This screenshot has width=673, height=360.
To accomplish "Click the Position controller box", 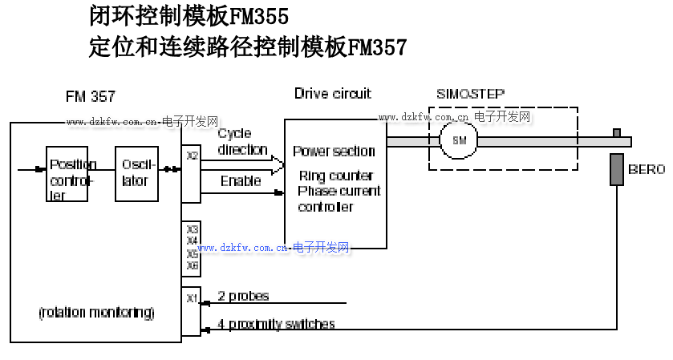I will tap(67, 174).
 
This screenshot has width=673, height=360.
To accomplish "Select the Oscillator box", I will tap(136, 174).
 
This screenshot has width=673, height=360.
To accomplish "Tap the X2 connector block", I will tap(191, 173).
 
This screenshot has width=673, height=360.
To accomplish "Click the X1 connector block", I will tap(191, 310).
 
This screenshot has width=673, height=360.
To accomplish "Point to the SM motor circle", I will tap(459, 140).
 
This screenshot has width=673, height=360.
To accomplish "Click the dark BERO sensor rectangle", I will tap(616, 169).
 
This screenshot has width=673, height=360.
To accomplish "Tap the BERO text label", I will tap(647, 170).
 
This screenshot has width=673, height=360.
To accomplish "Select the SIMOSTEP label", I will tap(470, 94).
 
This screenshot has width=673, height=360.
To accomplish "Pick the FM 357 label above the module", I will tap(90, 97).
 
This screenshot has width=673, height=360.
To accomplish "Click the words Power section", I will tap(334, 151).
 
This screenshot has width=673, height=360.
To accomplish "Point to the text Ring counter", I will tap(335, 176).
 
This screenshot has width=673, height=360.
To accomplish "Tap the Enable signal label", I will tap(241, 181).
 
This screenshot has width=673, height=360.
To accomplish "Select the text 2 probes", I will tap(243, 297).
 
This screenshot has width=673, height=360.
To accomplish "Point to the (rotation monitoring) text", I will tap(97, 311).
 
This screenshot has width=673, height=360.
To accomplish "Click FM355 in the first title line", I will tap(258, 15).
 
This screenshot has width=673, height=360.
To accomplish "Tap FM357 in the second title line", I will tap(377, 47).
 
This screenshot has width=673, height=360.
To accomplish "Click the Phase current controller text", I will tap(339, 199).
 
